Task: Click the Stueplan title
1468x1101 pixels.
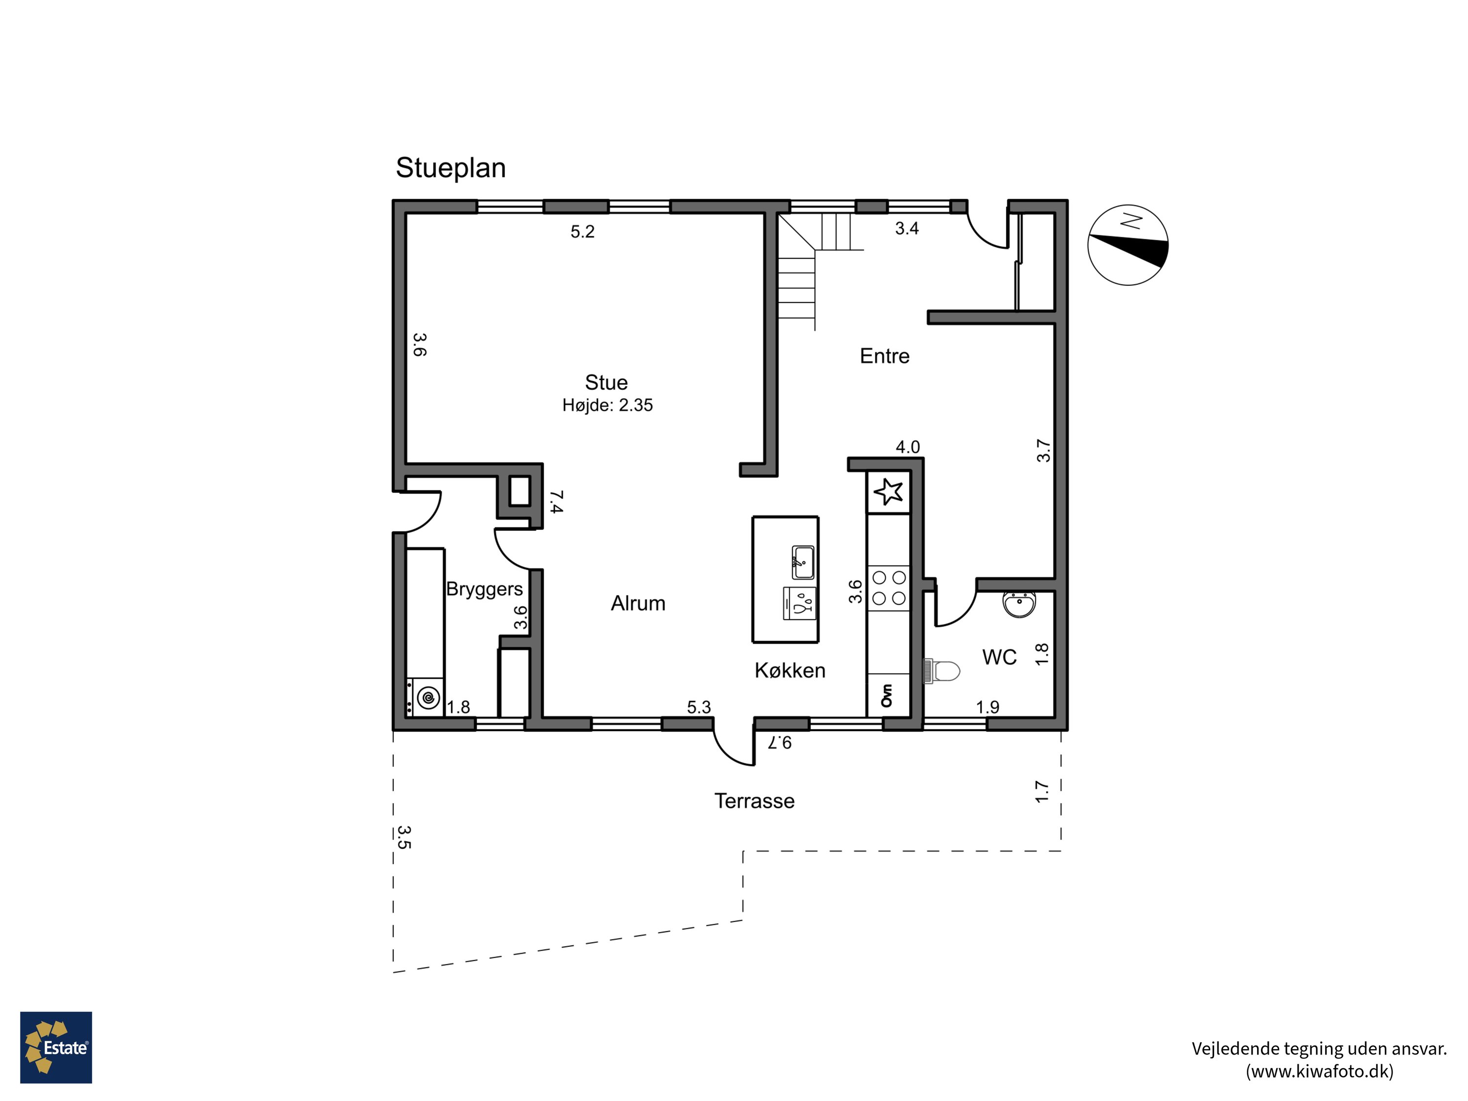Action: [451, 168]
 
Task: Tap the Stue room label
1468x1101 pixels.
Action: [606, 382]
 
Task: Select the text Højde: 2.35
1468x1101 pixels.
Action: [607, 405]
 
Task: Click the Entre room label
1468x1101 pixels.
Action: [884, 356]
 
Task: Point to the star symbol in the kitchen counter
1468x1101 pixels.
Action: [888, 492]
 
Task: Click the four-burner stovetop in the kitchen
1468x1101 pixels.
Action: [889, 588]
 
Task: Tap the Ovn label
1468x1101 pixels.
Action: [887, 695]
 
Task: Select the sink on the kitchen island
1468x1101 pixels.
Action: [803, 563]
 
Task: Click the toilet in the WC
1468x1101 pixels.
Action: [942, 671]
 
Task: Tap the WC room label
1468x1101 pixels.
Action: [999, 658]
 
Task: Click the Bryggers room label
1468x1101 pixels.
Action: [484, 589]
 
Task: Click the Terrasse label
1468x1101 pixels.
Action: [754, 801]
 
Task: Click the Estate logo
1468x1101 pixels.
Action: [56, 1047]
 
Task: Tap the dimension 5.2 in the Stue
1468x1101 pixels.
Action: [582, 231]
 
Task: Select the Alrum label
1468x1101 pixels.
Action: [638, 603]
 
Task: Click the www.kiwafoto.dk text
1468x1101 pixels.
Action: [1319, 1071]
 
